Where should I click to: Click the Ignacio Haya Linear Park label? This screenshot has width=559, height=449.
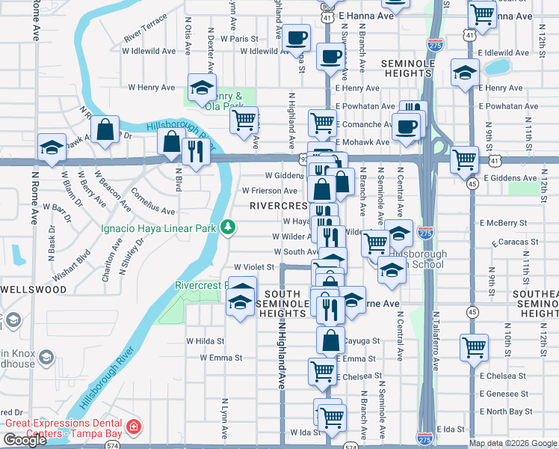(x=158, y=227)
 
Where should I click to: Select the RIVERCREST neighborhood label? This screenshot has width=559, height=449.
(x=279, y=205)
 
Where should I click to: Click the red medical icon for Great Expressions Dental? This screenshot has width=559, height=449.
(x=134, y=427)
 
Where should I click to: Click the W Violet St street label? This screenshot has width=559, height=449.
(x=254, y=266)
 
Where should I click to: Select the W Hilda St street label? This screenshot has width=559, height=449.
(x=205, y=341)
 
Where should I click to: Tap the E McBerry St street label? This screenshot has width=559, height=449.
(x=510, y=223)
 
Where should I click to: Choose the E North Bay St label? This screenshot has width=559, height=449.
(x=510, y=412)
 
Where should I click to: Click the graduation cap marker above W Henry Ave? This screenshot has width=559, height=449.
(x=201, y=87)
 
